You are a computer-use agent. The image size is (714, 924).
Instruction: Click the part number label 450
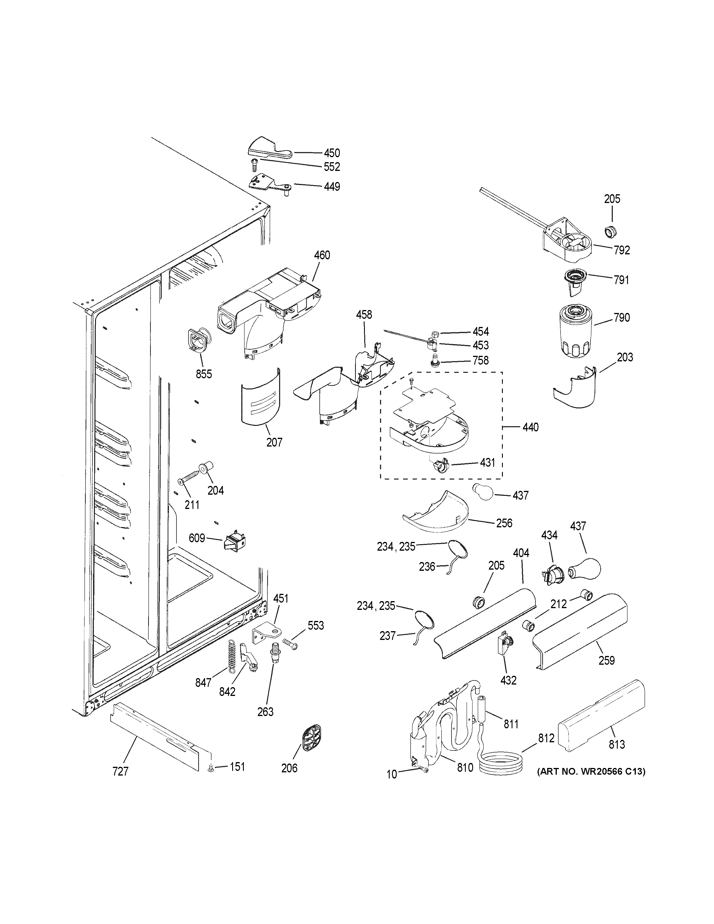(x=332, y=153)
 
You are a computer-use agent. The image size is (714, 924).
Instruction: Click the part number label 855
(x=204, y=374)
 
